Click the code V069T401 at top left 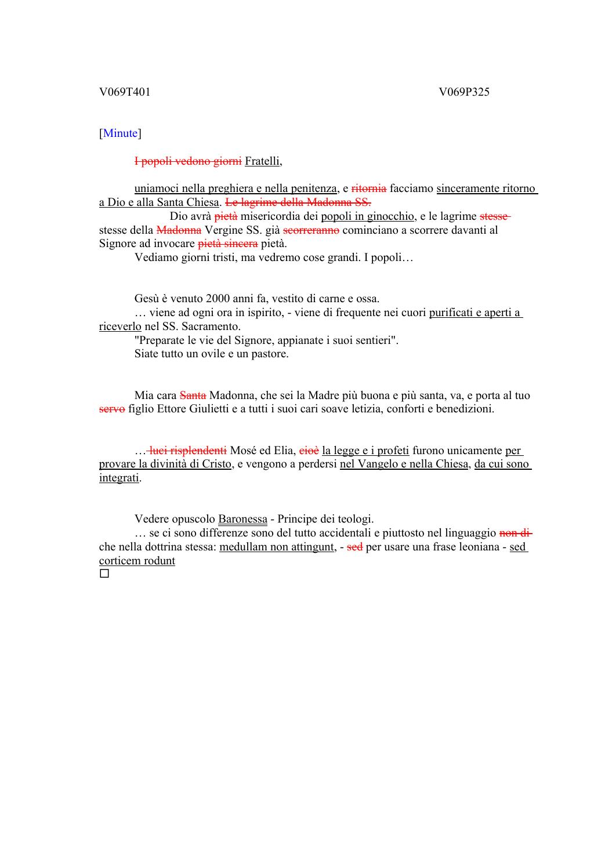pyautogui.click(x=125, y=92)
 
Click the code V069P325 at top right pyautogui.click(x=464, y=92)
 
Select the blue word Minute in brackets pyautogui.click(x=120, y=133)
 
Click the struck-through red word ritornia pyautogui.click(x=369, y=188)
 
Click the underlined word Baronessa pyautogui.click(x=242, y=519)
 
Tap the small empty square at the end pyautogui.click(x=104, y=574)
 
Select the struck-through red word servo pyautogui.click(x=112, y=409)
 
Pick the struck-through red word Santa pyautogui.click(x=193, y=396)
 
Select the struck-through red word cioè pyautogui.click(x=309, y=451)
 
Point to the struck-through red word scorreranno pyautogui.click(x=311, y=230)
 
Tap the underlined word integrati pyautogui.click(x=119, y=478)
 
